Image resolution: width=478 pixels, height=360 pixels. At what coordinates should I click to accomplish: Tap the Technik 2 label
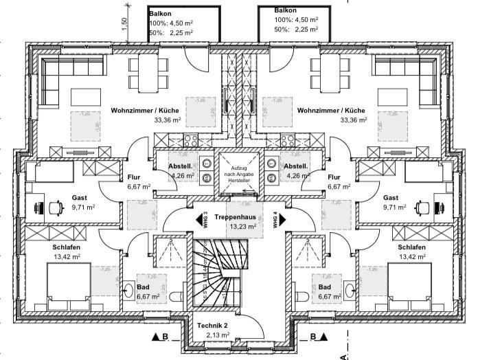[212, 325]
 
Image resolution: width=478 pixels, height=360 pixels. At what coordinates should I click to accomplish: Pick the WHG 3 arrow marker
[204, 220]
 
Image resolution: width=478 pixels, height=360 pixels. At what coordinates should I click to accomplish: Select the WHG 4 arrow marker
[277, 220]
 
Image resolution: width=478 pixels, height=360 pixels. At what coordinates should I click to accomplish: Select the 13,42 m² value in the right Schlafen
[411, 258]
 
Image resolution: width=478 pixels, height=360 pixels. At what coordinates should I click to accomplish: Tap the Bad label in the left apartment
[143, 286]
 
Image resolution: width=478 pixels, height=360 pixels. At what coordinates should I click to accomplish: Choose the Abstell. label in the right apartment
[295, 166]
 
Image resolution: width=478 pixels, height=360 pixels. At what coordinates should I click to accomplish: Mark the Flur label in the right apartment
[335, 177]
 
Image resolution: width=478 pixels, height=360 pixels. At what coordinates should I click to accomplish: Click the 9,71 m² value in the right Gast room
[396, 207]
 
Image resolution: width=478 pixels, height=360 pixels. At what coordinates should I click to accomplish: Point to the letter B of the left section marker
[165, 337]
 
